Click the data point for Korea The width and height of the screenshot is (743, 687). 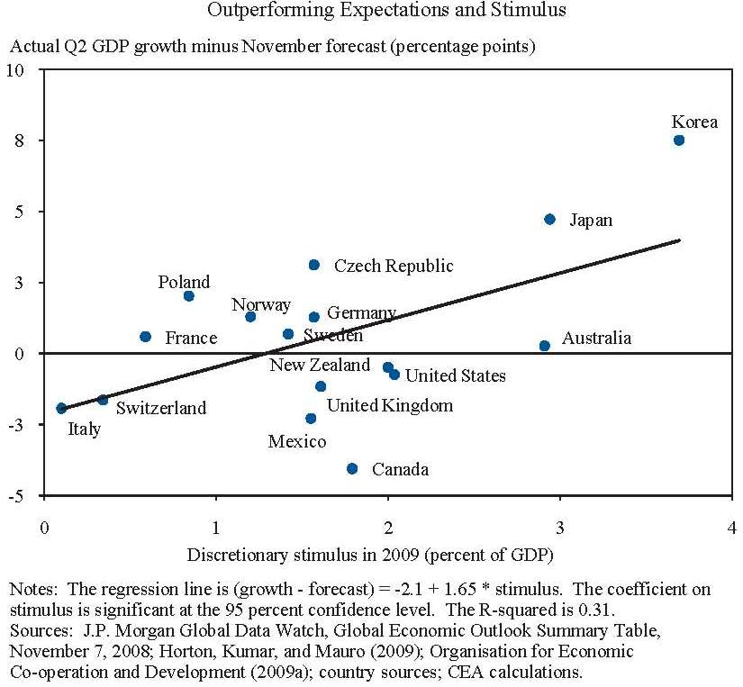click(x=679, y=140)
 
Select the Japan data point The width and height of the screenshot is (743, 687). click(x=550, y=220)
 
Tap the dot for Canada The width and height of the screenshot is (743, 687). click(x=352, y=468)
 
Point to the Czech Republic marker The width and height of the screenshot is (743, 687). click(x=314, y=265)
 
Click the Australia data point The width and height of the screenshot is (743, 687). click(x=545, y=346)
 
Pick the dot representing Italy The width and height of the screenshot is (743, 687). click(x=61, y=408)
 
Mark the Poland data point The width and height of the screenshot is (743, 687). click(x=188, y=296)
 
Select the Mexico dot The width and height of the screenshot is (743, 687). click(x=311, y=419)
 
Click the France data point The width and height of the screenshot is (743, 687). click(x=146, y=337)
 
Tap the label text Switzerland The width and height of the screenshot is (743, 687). click(x=160, y=408)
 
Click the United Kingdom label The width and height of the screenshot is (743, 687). click(x=389, y=406)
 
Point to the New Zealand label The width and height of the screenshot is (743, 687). click(x=320, y=365)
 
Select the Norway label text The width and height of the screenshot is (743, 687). click(x=261, y=304)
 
